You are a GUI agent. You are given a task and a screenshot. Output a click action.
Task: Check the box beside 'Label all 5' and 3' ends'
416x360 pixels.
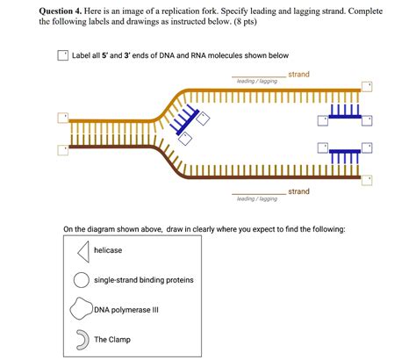tap(62, 55)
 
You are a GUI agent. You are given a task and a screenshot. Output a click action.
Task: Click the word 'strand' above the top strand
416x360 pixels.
tap(298, 75)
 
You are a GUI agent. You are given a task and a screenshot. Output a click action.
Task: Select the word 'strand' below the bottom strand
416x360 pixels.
tap(298, 191)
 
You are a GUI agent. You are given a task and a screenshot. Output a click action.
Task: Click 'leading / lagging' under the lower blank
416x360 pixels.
tap(257, 199)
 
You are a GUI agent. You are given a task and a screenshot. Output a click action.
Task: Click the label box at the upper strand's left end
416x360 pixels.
tap(62, 117)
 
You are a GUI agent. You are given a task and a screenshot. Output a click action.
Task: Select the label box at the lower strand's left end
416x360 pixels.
tap(62, 150)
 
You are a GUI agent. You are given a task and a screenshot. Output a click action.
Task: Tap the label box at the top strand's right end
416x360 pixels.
tap(369, 85)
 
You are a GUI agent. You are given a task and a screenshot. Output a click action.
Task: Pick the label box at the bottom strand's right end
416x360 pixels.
tap(369, 179)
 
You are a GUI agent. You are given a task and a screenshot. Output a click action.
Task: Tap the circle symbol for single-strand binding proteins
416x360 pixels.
tap(81, 280)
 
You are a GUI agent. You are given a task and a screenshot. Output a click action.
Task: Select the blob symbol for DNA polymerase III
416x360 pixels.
tap(81, 309)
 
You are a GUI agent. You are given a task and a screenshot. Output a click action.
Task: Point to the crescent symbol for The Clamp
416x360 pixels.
tap(81, 339)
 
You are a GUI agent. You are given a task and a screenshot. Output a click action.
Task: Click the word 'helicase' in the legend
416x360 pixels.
tap(108, 251)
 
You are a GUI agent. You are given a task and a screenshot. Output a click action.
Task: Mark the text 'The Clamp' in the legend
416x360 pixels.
tap(112, 339)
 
